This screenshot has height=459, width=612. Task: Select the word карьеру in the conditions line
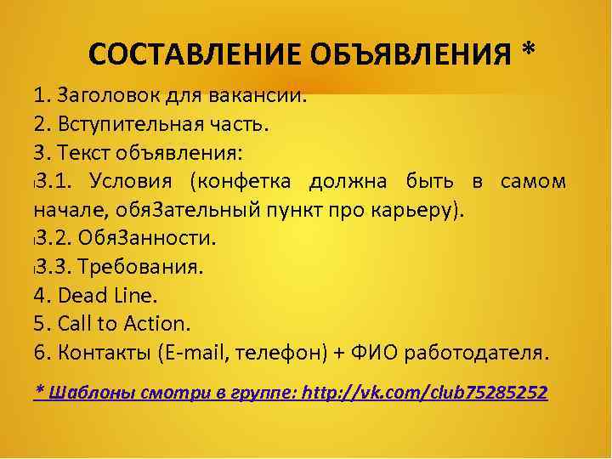click(x=426, y=210)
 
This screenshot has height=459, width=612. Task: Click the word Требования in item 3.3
click(x=140, y=267)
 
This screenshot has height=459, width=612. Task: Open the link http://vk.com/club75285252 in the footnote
click(x=425, y=393)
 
